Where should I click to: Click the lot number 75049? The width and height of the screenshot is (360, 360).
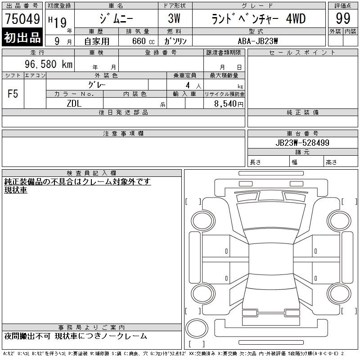(22, 19)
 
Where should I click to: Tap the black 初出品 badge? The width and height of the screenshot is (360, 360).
(22, 37)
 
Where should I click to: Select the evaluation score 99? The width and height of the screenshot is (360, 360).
(343, 18)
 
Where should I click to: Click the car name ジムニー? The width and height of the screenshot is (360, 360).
(116, 19)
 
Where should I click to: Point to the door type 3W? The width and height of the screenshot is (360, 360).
(174, 18)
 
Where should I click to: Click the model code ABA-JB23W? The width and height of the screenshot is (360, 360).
(258, 41)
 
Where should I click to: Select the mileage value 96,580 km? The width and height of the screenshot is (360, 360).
(49, 64)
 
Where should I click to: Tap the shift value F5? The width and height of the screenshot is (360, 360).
(13, 94)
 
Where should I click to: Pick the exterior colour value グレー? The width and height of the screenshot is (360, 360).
(97, 85)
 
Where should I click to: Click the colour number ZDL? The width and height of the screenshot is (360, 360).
(74, 103)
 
